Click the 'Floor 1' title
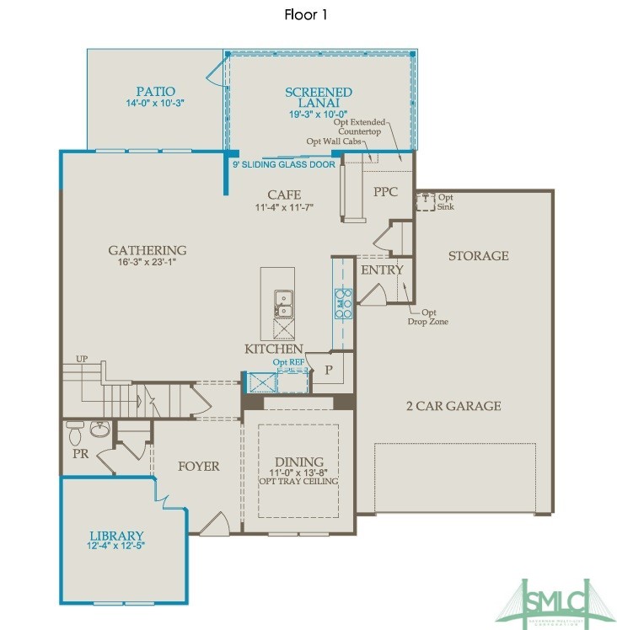305,15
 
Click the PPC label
385,192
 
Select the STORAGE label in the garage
478,255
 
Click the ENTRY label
382,270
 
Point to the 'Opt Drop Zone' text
427,317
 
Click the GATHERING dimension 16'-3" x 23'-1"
147,262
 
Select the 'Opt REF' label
288,362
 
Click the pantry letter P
329,370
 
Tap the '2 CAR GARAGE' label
453,406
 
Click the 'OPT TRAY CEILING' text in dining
298,481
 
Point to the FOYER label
198,466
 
